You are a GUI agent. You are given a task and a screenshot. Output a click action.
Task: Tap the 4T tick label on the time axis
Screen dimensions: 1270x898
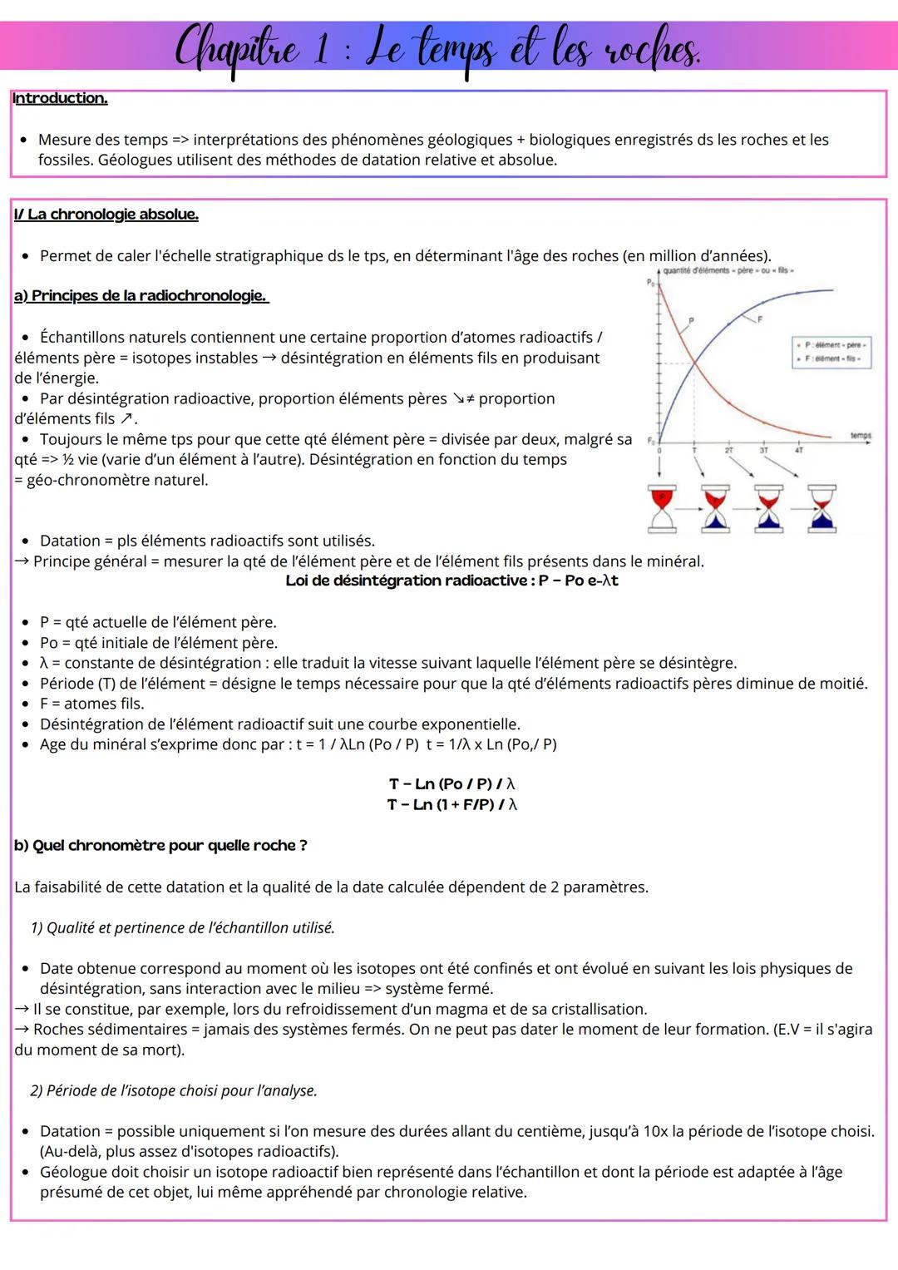tap(798, 450)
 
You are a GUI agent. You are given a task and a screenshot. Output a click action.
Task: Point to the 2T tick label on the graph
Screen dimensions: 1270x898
tap(729, 450)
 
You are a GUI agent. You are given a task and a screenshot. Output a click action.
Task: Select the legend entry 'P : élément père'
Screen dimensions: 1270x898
tap(833, 344)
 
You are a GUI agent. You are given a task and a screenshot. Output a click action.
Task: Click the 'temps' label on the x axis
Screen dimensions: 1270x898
tap(861, 434)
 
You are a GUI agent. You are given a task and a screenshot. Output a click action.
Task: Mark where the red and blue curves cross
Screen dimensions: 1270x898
tap(694, 362)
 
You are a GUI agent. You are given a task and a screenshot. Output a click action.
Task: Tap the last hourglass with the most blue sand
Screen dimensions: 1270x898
tap(823, 507)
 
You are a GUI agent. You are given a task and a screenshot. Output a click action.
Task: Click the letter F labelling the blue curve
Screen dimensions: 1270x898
tap(758, 319)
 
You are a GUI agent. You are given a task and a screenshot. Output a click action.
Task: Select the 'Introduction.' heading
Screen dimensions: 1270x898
tap(60, 98)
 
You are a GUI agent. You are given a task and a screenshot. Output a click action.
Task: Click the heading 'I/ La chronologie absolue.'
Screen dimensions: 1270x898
tap(106, 215)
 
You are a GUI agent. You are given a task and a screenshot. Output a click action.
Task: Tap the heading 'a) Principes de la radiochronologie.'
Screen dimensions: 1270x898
tap(141, 296)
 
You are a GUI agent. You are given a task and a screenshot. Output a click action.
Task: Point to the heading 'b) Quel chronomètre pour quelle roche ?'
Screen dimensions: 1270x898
tap(160, 846)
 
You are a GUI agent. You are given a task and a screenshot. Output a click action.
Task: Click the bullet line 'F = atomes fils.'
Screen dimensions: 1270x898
tap(91, 704)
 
